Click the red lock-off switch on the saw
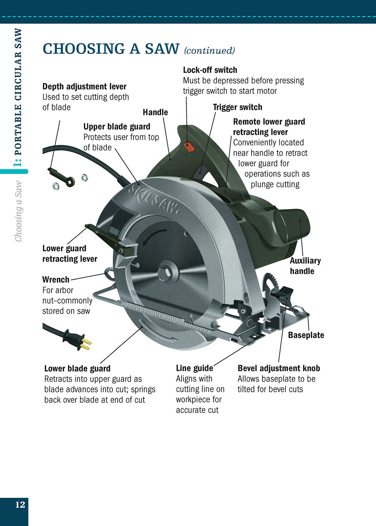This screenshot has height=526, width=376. pos(190,146)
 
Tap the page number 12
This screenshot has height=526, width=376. pos(20,504)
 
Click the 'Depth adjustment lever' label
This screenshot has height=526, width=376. pos(84,86)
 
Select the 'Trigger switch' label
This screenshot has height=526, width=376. pos(237,107)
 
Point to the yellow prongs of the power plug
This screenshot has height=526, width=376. pos(86,344)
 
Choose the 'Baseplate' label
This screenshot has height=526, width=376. pos(306,335)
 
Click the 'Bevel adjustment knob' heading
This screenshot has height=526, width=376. pos(279,368)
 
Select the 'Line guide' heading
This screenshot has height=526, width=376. pos(194,368)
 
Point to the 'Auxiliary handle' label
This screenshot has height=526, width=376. pos(305,266)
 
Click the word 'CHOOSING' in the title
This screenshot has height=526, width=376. pos(84,49)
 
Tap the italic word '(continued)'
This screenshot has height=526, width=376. pos(209,50)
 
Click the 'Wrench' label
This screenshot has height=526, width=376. pos(56,280)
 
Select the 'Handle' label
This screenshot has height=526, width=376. pos(155,112)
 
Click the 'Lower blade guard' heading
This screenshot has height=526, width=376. pos(77,369)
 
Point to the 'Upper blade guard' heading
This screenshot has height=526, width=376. pos(117,127)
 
